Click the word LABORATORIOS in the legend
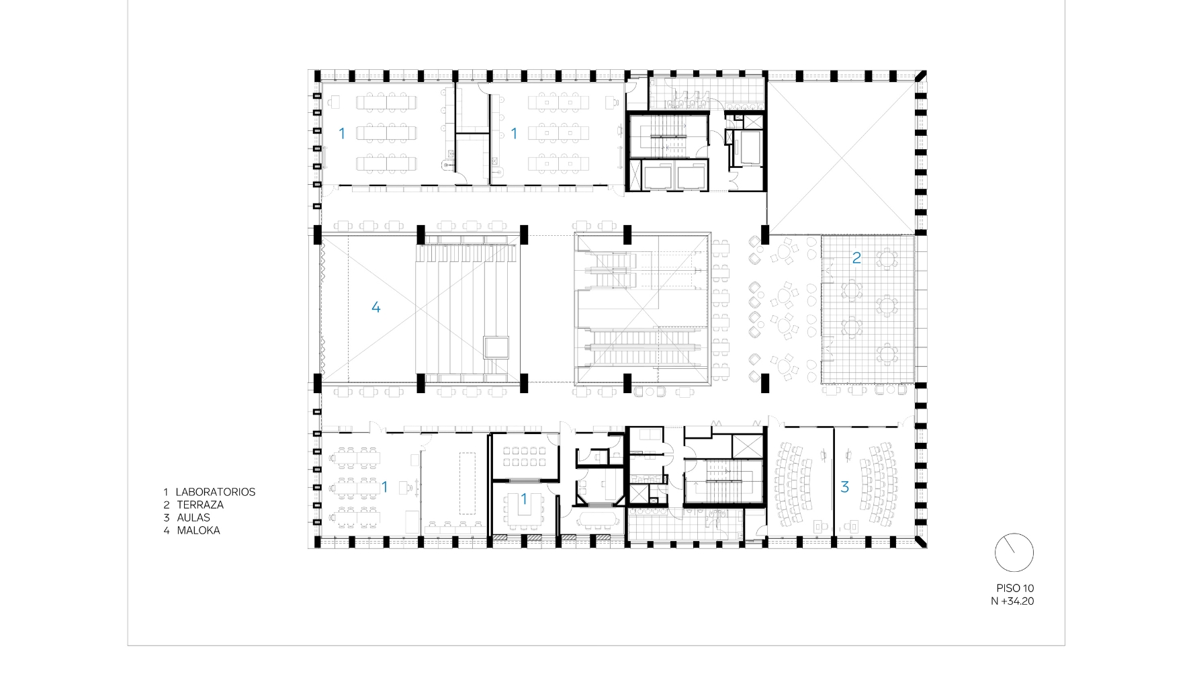pyautogui.click(x=215, y=492)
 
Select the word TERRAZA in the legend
pyautogui.click(x=200, y=505)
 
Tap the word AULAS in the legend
pyautogui.click(x=193, y=517)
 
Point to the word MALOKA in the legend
pyautogui.click(x=198, y=530)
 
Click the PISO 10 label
pyautogui.click(x=1015, y=588)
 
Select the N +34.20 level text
pyautogui.click(x=1012, y=601)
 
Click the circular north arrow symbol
pyautogui.click(x=1014, y=553)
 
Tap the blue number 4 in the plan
pyautogui.click(x=376, y=307)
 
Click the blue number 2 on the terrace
pyautogui.click(x=856, y=257)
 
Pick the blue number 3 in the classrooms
pyautogui.click(x=845, y=487)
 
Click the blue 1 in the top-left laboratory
pyautogui.click(x=342, y=134)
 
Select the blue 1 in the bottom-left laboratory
pyautogui.click(x=385, y=487)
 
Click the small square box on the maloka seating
pyautogui.click(x=496, y=347)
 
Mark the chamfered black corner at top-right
pyautogui.click(x=920, y=76)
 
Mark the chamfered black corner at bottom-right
pyautogui.click(x=920, y=542)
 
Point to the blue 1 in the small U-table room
pyautogui.click(x=525, y=499)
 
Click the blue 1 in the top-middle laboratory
pyautogui.click(x=515, y=134)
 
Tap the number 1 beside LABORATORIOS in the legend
pyautogui.click(x=166, y=492)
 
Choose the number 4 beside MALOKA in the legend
pyautogui.click(x=166, y=530)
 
